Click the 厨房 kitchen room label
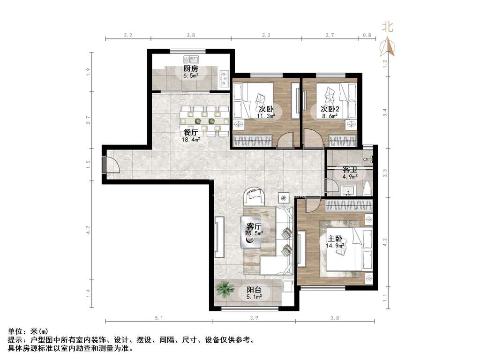pyautogui.click(x=191, y=68)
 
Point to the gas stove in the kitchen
pyautogui.click(x=225, y=78)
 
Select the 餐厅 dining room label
pyautogui.click(x=190, y=133)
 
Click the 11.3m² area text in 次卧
pyautogui.click(x=266, y=116)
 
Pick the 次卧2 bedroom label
pyautogui.click(x=330, y=109)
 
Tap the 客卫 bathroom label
pyautogui.click(x=350, y=170)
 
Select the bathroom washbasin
pyautogui.click(x=347, y=190)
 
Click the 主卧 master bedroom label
pyautogui.click(x=335, y=239)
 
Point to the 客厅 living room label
pyautogui.click(x=254, y=226)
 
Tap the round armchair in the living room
pyautogui.click(x=255, y=196)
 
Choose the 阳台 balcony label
pyautogui.click(x=254, y=290)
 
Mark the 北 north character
pyautogui.click(x=388, y=27)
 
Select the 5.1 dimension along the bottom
pyautogui.click(x=158, y=318)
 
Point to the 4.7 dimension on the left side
pyautogui.click(x=89, y=230)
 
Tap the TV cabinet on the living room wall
pyautogui.click(x=219, y=237)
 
